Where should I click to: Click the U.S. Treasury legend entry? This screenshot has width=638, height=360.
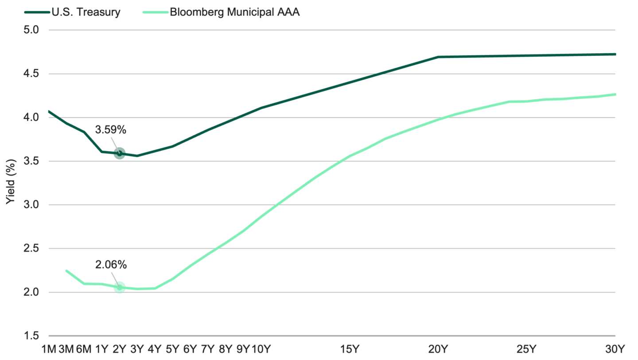click(72, 12)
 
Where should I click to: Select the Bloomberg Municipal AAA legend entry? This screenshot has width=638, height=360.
click(221, 12)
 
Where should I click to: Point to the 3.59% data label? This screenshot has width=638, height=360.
click(110, 130)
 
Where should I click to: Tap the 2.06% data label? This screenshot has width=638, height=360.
click(111, 265)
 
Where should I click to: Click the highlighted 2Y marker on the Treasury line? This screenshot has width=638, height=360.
click(120, 153)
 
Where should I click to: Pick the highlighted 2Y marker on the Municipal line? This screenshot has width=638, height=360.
click(120, 287)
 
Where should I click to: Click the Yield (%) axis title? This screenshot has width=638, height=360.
click(11, 182)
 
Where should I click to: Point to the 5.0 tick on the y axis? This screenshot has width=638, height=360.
click(31, 30)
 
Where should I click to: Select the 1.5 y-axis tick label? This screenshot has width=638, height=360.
click(31, 336)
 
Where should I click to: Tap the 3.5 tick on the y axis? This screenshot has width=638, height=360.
click(31, 161)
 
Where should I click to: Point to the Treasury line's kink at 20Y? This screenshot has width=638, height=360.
click(438, 57)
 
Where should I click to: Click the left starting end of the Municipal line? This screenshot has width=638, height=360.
click(66, 271)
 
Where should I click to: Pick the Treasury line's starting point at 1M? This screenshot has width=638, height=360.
click(49, 111)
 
